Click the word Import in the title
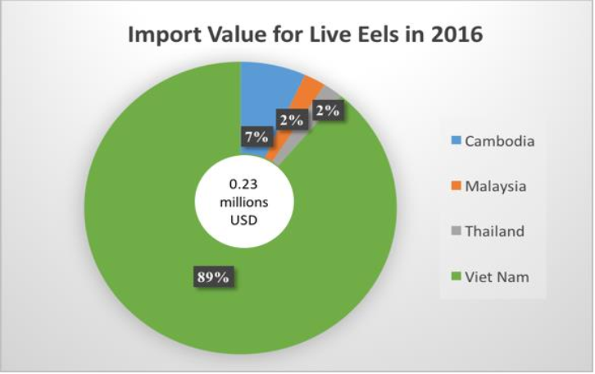click(162, 38)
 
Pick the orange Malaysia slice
click(311, 89)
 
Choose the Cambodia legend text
click(500, 141)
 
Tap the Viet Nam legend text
click(497, 277)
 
